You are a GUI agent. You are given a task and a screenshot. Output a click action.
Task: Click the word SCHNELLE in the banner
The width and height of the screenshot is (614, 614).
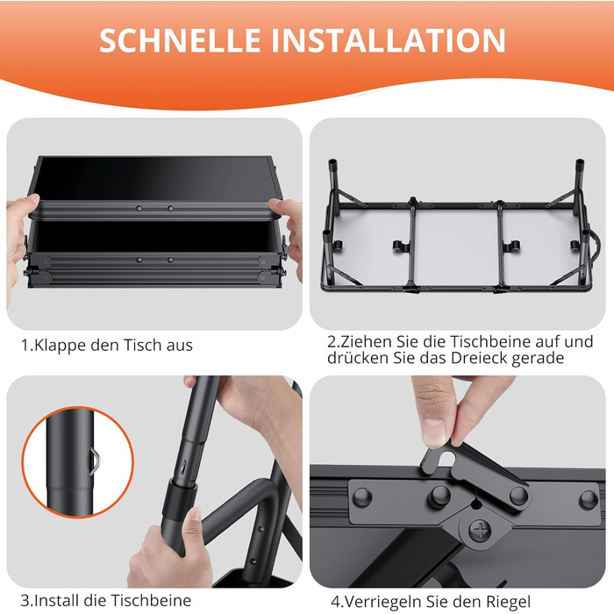pyautogui.click(x=180, y=40)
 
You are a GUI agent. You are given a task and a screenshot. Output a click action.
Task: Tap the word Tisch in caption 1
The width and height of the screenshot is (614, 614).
pyautogui.click(x=142, y=345)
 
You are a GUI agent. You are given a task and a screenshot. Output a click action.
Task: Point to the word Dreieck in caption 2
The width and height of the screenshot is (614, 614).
pyautogui.click(x=479, y=358)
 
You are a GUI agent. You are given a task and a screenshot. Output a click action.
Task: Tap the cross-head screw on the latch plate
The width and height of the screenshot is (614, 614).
pyautogui.click(x=480, y=531)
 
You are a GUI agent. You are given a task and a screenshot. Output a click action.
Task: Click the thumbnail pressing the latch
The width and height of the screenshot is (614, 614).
pyautogui.click(x=434, y=433)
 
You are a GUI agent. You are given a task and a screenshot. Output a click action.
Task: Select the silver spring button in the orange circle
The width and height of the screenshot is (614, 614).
pyautogui.click(x=96, y=461)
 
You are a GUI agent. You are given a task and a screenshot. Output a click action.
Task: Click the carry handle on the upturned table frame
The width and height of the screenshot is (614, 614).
pyautogui.click(x=596, y=246)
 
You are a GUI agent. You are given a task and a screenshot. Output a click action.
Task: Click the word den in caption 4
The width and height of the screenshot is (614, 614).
pyautogui.click(x=468, y=602)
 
